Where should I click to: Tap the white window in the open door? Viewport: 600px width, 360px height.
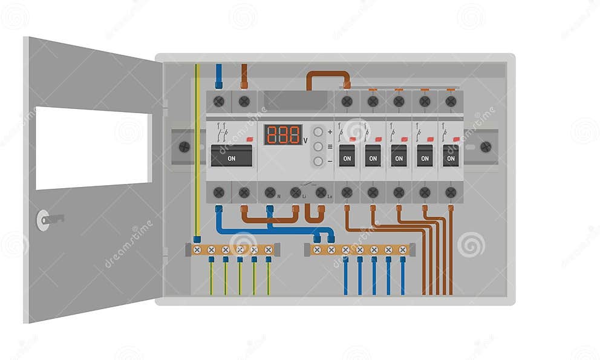click(93, 148)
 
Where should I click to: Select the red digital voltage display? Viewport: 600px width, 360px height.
click(282, 134)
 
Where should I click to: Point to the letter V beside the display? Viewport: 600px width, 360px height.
click(305, 140)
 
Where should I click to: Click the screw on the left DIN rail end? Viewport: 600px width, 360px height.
click(184, 146)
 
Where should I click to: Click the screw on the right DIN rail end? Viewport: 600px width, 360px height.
click(485, 146)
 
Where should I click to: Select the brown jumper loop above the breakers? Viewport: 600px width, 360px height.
click(328, 78)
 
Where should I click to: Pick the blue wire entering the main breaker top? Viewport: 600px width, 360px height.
click(219, 77)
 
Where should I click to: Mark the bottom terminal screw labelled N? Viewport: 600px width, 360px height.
click(270, 192)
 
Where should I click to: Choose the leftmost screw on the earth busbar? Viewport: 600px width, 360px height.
click(197, 249)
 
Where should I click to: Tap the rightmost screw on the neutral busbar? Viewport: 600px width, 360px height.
click(402, 249)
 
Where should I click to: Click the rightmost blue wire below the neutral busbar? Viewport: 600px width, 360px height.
click(402, 277)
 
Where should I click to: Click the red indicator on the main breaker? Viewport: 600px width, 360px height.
click(250, 139)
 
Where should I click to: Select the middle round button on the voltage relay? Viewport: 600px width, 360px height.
click(318, 146)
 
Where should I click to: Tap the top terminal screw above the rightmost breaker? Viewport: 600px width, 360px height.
click(451, 101)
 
